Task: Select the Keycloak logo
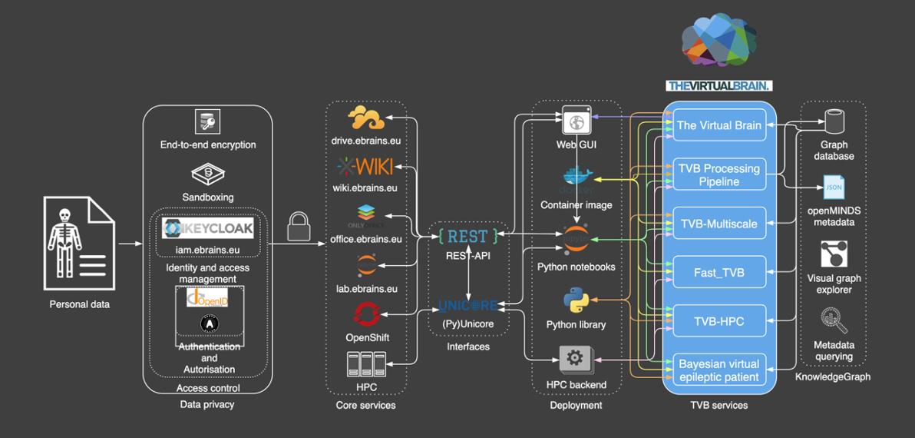pyautogui.click(x=208, y=229)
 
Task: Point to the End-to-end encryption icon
pyautogui.click(x=208, y=121)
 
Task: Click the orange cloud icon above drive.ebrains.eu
pyautogui.click(x=365, y=118)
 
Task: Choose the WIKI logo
pyautogui.click(x=365, y=166)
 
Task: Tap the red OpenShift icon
pyautogui.click(x=366, y=314)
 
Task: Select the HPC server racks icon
pyautogui.click(x=366, y=363)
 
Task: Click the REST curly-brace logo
pyautogui.click(x=468, y=236)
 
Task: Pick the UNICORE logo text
pyautogui.click(x=468, y=306)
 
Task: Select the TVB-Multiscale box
pyautogui.click(x=719, y=224)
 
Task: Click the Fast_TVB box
pyautogui.click(x=719, y=272)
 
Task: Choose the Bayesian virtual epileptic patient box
pyautogui.click(x=719, y=370)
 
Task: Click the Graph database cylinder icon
pyautogui.click(x=834, y=121)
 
